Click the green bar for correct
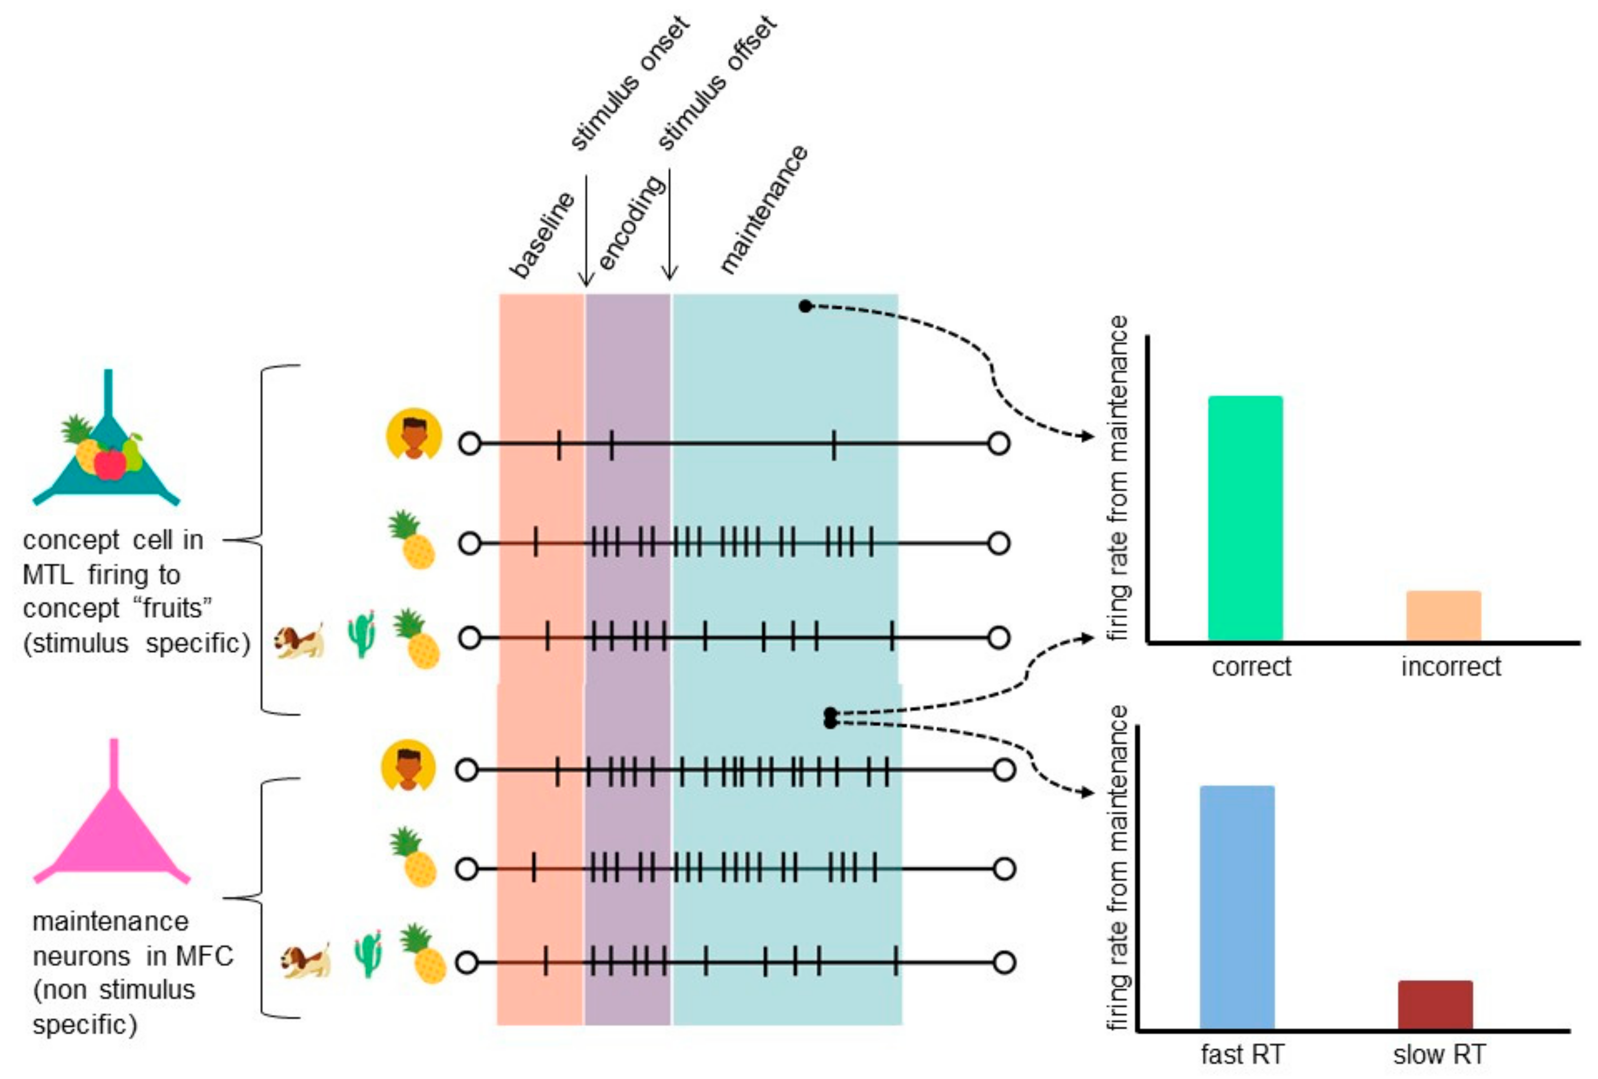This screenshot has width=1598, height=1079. pyautogui.click(x=1245, y=518)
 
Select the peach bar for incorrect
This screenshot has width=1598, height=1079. pyautogui.click(x=1443, y=615)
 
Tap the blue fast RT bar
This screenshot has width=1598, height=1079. pyautogui.click(x=1236, y=907)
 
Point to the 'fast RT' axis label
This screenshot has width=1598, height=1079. pyautogui.click(x=1242, y=1054)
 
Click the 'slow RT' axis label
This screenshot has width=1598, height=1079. pyautogui.click(x=1439, y=1054)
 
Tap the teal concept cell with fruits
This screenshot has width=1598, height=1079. pyautogui.click(x=107, y=447)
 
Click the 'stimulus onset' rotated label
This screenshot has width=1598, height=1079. pyautogui.click(x=629, y=83)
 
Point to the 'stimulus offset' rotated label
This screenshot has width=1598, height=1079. pyautogui.click(x=717, y=83)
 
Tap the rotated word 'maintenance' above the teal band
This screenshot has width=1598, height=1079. pyautogui.click(x=763, y=209)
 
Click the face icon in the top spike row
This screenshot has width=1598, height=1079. pyautogui.click(x=413, y=434)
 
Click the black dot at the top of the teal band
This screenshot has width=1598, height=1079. pyautogui.click(x=805, y=306)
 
